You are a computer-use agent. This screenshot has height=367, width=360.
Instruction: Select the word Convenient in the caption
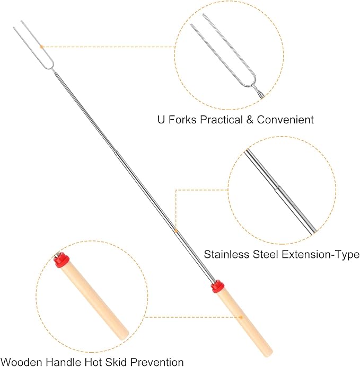pyautogui.click(x=285, y=120)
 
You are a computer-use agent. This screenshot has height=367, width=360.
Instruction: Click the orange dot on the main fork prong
pyautogui.click(x=42, y=47)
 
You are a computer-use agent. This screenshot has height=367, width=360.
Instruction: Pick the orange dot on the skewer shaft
pyautogui.click(x=176, y=230)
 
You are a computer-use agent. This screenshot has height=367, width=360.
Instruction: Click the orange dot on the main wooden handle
pyautogui.click(x=242, y=317)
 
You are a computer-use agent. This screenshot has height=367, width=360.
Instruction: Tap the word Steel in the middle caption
pyautogui.click(x=258, y=255)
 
